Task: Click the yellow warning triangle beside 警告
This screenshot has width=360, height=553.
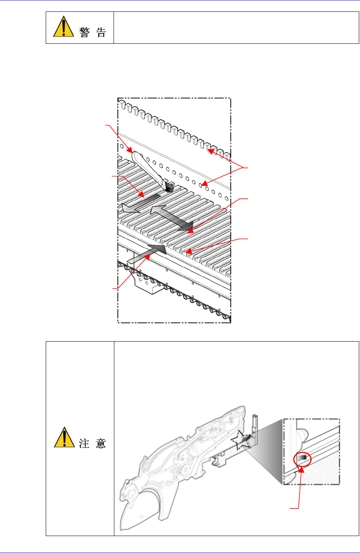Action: [x=63, y=26]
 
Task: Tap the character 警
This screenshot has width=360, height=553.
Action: [x=85, y=32]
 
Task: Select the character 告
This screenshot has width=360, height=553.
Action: [x=101, y=32]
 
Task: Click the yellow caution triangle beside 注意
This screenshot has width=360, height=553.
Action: [x=64, y=437]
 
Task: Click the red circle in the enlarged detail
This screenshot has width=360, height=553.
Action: [x=302, y=460]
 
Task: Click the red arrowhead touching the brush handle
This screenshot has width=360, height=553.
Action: [x=130, y=150]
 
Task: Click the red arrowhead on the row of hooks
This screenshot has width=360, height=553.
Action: [x=211, y=151]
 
